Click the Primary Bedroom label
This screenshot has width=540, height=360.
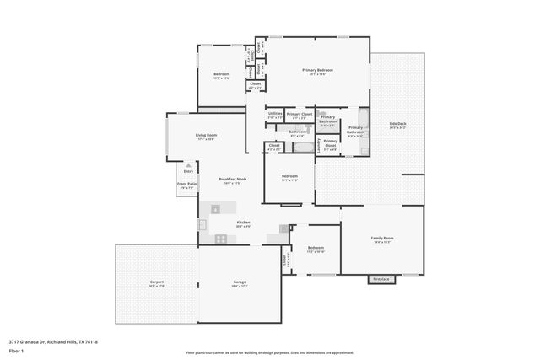click(317, 71)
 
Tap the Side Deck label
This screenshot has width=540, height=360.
click(398, 125)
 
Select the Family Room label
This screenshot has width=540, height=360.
click(382, 239)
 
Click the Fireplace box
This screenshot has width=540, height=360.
click(381, 279)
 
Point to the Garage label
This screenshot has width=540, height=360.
click(240, 282)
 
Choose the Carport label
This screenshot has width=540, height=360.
click(157, 282)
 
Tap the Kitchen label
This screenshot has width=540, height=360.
click(244, 223)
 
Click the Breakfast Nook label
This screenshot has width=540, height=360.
click(232, 180)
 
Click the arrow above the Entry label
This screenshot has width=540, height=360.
click(188, 165)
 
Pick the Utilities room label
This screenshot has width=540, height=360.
click(275, 114)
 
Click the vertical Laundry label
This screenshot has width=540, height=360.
click(318, 145)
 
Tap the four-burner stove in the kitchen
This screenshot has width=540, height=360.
click(220, 239)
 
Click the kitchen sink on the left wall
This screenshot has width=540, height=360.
click(202, 224)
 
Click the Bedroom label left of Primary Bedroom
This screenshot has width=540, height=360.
click(221, 76)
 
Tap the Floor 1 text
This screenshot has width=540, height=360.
click(16, 349)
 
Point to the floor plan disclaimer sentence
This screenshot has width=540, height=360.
click(269, 353)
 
